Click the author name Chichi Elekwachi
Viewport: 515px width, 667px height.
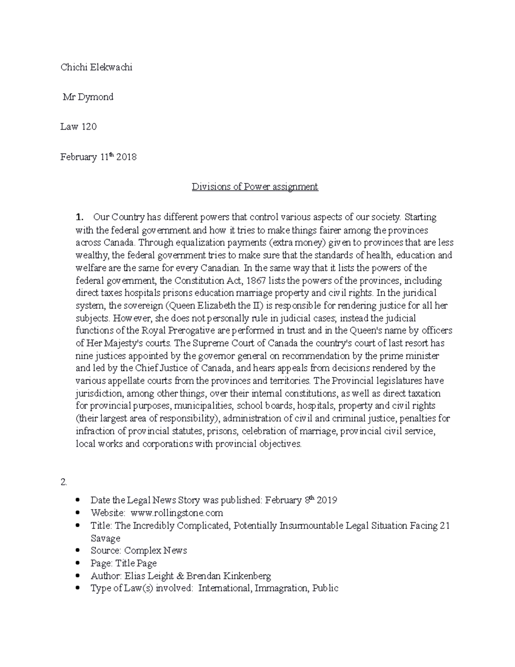click(96, 67)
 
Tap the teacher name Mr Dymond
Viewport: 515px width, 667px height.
click(88, 97)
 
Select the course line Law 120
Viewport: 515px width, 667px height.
click(79, 127)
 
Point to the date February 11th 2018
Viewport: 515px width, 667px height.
click(98, 157)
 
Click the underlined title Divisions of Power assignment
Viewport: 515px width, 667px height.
click(255, 187)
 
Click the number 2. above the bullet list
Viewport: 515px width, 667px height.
click(64, 482)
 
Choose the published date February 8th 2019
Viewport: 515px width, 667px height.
click(301, 500)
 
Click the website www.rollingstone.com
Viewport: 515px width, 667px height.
click(177, 513)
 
